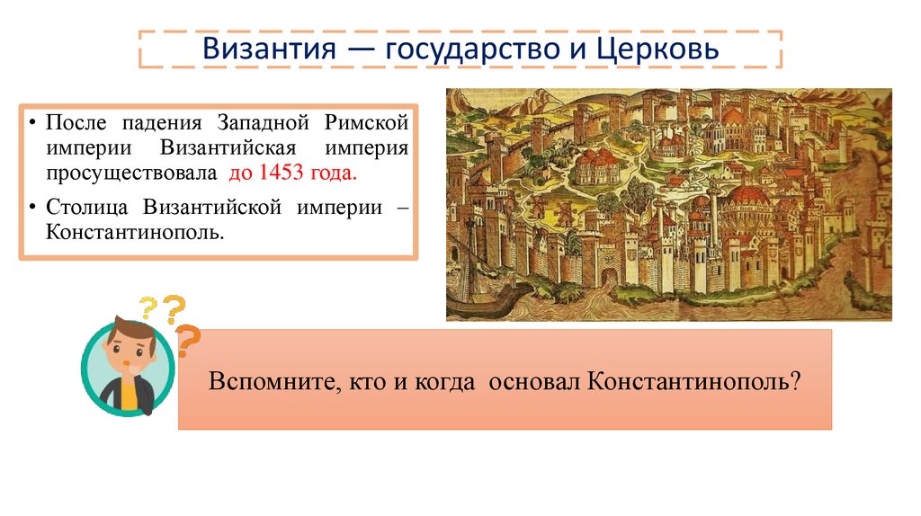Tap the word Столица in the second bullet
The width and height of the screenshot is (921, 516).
point(89,206)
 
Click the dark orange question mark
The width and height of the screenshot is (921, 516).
point(188,341)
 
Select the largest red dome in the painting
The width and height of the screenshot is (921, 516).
point(746,198)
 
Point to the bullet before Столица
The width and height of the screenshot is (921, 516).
point(31,207)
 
